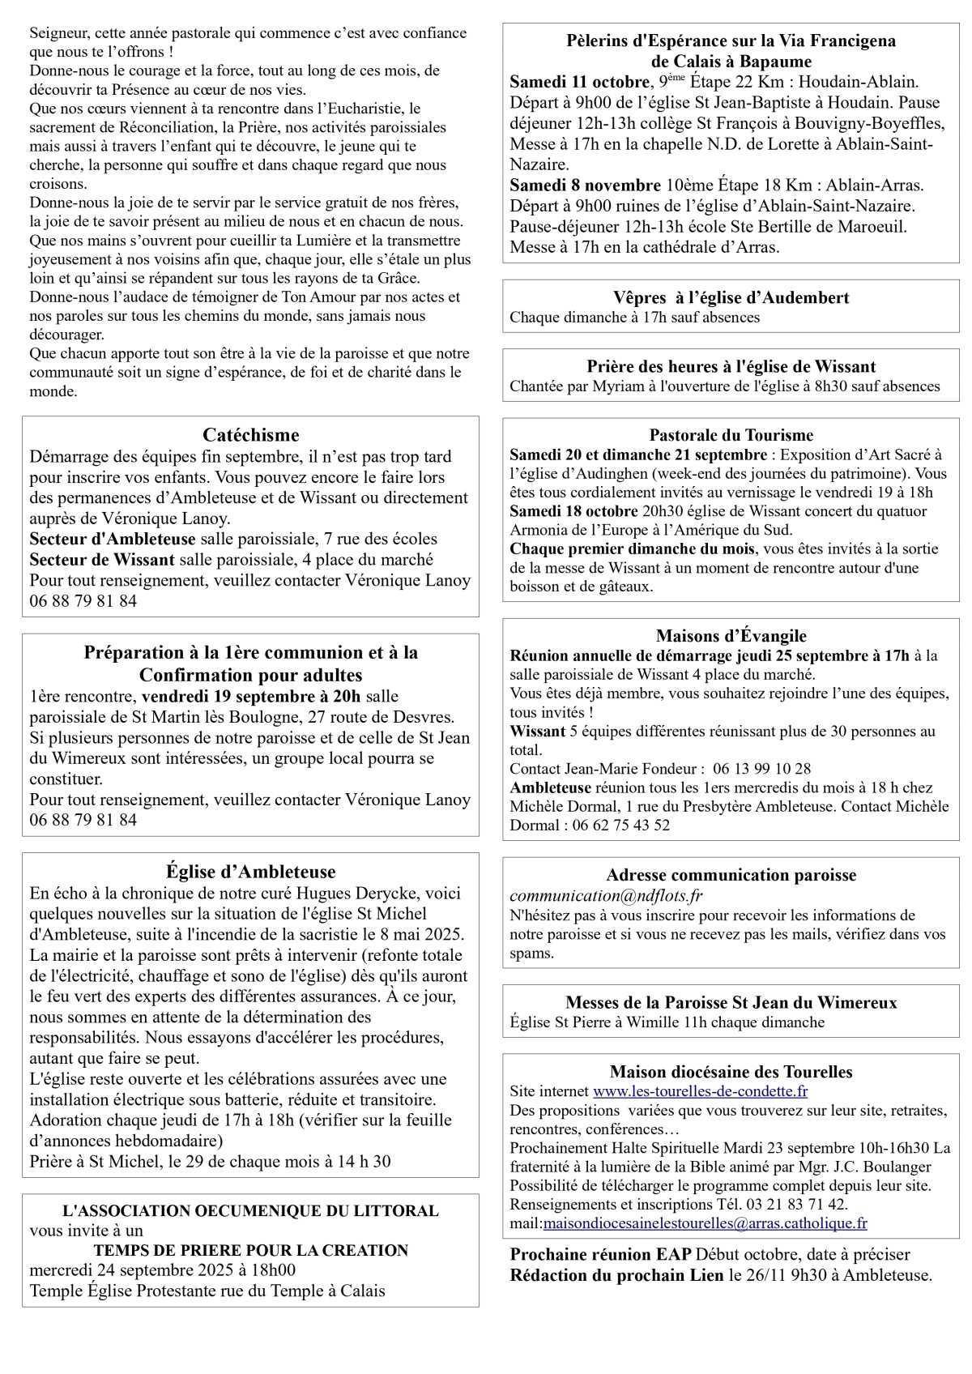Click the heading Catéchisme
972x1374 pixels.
point(250,435)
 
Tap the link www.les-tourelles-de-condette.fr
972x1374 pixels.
point(700,1091)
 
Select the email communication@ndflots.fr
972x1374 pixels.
point(606,896)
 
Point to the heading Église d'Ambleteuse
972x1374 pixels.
point(250,872)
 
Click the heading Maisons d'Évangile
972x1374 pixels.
point(731,636)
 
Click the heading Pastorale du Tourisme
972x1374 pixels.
point(731,435)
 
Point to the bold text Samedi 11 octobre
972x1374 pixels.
point(579,82)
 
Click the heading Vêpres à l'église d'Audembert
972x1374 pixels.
point(731,297)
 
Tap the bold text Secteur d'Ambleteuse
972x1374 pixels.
point(113,539)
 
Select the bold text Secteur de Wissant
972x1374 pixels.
point(102,559)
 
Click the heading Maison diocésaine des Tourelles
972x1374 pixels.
point(731,1072)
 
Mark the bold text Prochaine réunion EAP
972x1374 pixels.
point(600,1254)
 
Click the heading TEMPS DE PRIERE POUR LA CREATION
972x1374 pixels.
point(250,1250)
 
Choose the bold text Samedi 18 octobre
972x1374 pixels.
point(572,511)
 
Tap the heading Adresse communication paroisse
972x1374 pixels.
point(731,875)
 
